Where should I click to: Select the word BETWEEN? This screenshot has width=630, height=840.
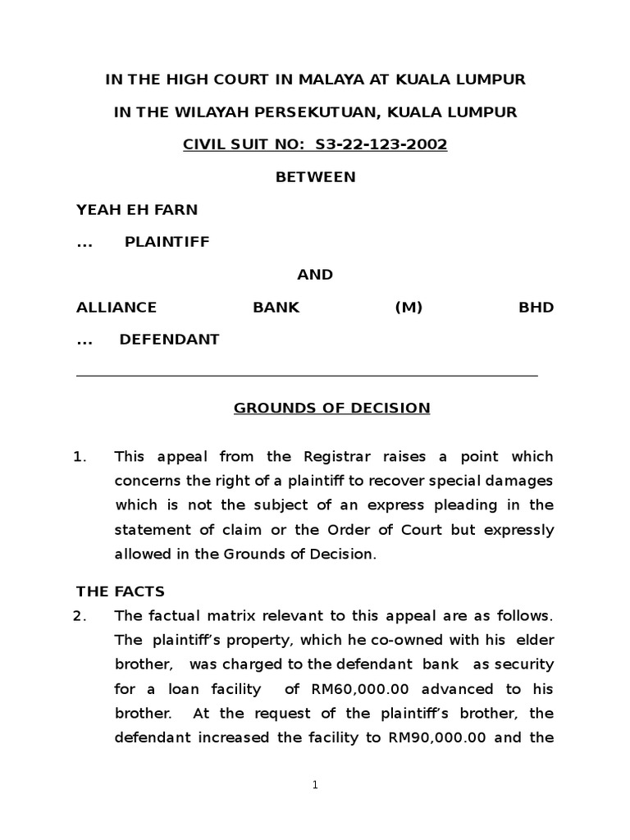tap(315, 177)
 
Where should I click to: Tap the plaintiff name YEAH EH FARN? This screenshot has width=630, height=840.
tap(137, 209)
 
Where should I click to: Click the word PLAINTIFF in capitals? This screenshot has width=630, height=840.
tap(167, 242)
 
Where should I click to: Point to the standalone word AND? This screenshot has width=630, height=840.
tap(315, 275)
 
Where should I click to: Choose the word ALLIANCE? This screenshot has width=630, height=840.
tap(116, 308)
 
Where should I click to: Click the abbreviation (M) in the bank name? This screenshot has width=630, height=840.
tap(408, 308)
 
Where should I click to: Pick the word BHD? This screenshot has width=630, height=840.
tap(536, 308)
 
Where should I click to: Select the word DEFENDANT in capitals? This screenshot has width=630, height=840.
tap(170, 340)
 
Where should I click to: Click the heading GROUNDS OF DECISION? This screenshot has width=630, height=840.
tap(331, 408)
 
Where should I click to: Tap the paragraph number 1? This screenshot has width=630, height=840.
tap(80, 457)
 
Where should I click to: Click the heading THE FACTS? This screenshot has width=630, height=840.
tap(121, 591)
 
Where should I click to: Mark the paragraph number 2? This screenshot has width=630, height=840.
tap(80, 616)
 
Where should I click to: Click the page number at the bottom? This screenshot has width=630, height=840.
tap(315, 785)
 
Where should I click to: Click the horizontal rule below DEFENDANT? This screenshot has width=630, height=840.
tap(307, 375)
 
